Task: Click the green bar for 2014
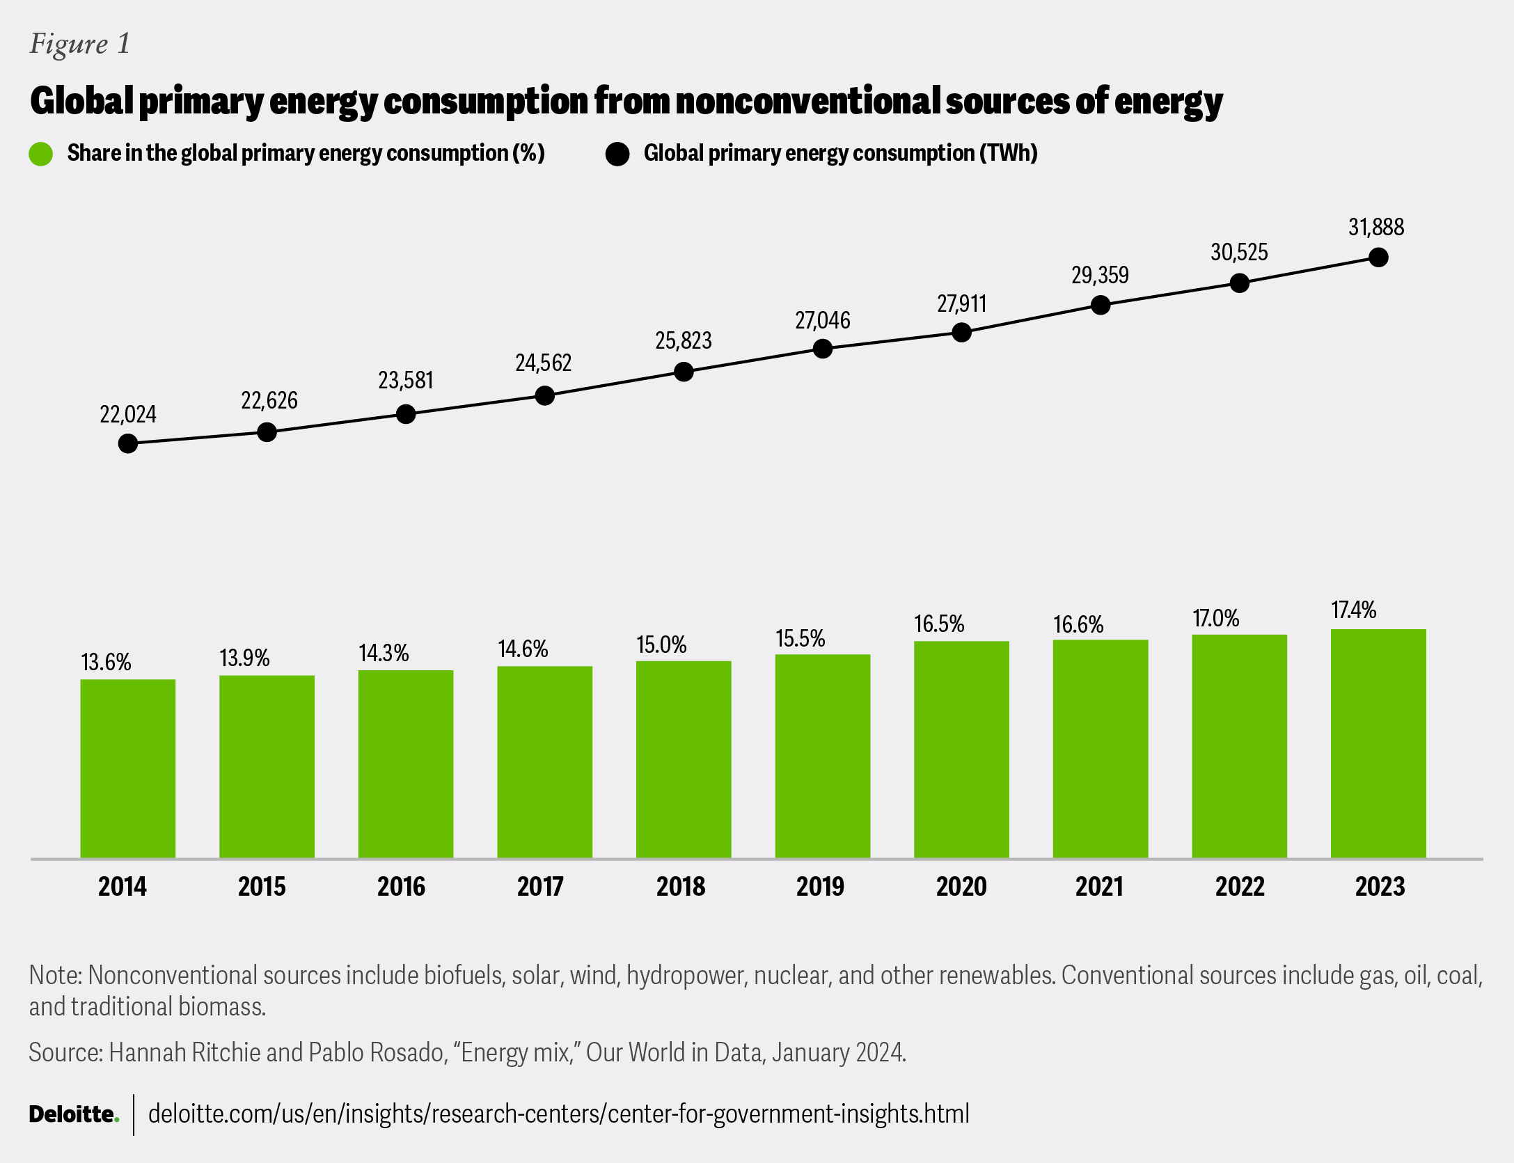[128, 768]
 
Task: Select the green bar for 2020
[961, 749]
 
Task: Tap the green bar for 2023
[1378, 743]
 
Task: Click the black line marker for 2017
[545, 396]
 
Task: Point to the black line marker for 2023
[1378, 258]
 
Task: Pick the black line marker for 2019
[823, 349]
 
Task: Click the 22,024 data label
[128, 415]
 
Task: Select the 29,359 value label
[1100, 276]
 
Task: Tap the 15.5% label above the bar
[801, 639]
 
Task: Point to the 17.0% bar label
[1216, 619]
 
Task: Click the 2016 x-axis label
[402, 887]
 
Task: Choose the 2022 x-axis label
[1240, 887]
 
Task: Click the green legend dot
[41, 154]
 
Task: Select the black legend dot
[617, 154]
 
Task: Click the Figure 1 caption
[80, 44]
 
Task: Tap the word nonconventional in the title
[807, 101]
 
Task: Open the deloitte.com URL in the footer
[558, 1114]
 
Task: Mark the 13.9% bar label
[244, 658]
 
